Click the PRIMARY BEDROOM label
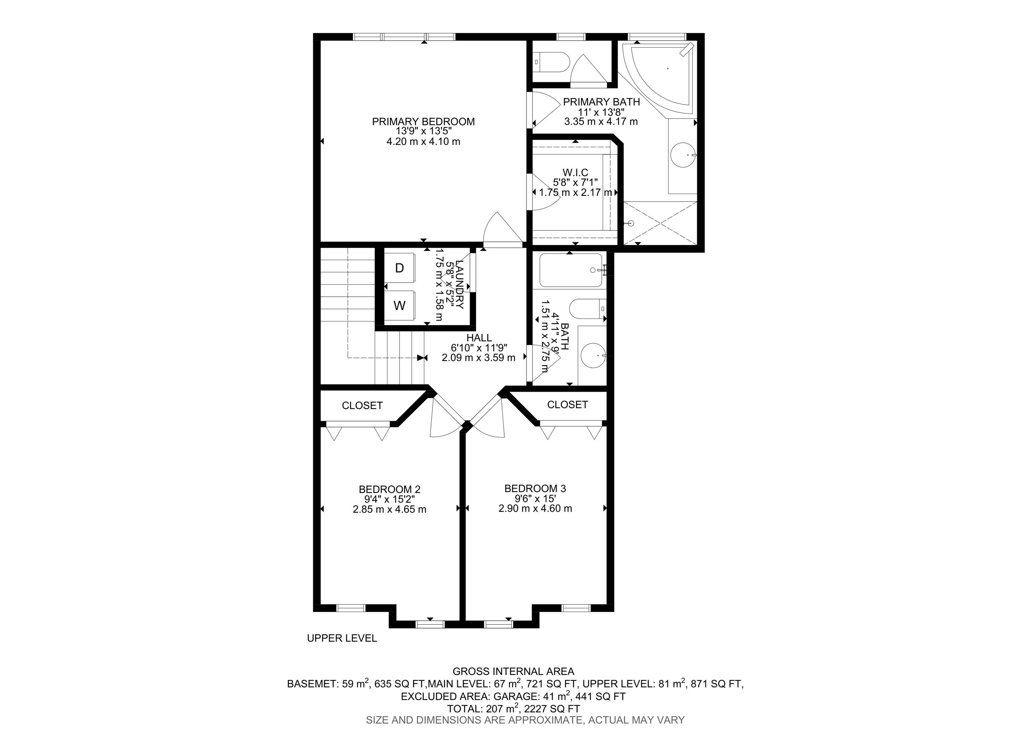423,121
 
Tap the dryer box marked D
400,268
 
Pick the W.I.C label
576,172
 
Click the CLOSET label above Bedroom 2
362,405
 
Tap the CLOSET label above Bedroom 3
567,405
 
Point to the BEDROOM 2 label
389,489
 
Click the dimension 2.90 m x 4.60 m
536,509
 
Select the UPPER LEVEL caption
342,638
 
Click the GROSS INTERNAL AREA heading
513,671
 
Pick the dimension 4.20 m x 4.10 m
423,141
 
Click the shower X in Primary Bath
660,223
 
